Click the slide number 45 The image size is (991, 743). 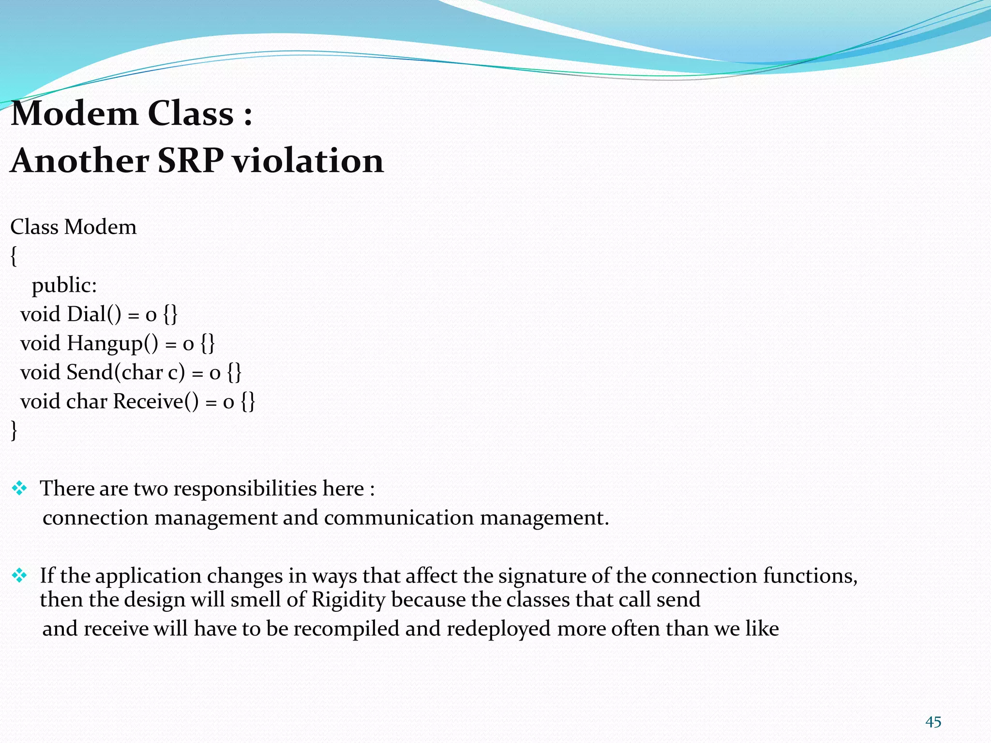[x=933, y=722]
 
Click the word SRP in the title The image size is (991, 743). [x=190, y=161]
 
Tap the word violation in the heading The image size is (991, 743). [x=308, y=161]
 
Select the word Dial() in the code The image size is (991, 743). [x=94, y=314]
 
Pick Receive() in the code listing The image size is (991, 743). [x=156, y=401]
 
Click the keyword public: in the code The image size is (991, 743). [x=64, y=285]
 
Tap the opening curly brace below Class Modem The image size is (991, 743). [x=14, y=256]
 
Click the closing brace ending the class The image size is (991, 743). [x=14, y=430]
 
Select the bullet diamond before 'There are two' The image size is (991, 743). [x=19, y=489]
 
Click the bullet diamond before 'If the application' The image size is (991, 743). [x=19, y=576]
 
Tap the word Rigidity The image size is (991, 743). [x=348, y=600]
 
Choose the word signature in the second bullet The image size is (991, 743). [x=540, y=576]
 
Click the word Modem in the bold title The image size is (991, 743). [x=75, y=114]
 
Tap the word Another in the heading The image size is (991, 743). [x=80, y=161]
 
